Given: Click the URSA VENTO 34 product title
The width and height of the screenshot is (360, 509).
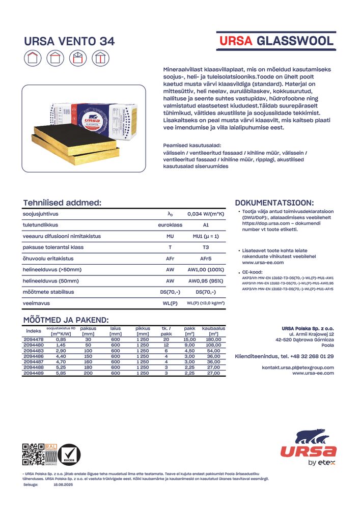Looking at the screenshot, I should (x=70, y=42).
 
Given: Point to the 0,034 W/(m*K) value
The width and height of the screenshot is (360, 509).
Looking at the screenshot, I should (x=206, y=214).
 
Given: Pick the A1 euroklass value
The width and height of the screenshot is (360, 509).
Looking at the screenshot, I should (x=206, y=225).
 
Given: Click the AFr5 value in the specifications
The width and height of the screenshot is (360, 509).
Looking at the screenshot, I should (x=206, y=259).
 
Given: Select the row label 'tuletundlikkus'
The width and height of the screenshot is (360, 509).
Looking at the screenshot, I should (x=40, y=225).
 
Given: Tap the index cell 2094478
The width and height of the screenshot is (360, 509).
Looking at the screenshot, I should (x=34, y=339).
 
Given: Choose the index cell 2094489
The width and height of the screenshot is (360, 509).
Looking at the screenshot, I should (x=34, y=374).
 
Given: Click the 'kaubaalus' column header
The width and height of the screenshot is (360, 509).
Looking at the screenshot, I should (x=213, y=331).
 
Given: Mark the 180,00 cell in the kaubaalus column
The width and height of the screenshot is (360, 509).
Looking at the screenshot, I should (x=213, y=339).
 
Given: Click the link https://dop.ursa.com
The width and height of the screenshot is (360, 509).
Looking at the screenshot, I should (x=260, y=223).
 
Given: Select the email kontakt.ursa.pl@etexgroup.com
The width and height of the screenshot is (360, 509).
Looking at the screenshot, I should (x=298, y=367).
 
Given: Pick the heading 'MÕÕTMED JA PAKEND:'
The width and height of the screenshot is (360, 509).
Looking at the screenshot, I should (x=66, y=320).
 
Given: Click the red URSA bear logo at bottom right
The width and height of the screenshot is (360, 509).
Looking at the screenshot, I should (x=308, y=446).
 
